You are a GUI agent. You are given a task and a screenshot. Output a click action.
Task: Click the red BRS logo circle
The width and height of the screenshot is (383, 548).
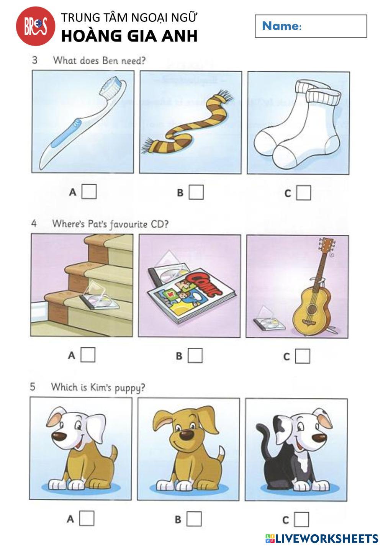[x=36, y=26]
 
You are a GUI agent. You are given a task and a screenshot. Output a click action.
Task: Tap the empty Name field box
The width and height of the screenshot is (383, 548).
[x=311, y=26]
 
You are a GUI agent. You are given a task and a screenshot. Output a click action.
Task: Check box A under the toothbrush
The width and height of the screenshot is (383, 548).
[x=89, y=191]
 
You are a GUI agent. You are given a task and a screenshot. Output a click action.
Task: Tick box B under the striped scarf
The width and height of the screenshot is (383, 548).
[x=196, y=192]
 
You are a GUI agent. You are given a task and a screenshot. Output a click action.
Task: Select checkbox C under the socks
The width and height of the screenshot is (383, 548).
[x=303, y=193]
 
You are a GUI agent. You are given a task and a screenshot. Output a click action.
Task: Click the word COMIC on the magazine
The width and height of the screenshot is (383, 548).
[x=203, y=284]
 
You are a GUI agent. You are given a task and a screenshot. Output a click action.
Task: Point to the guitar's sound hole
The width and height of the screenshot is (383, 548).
[x=311, y=309]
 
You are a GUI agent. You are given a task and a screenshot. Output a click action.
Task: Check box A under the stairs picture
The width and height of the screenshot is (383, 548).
[x=88, y=355]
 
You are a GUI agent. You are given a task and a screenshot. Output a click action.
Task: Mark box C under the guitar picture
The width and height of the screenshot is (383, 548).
[x=303, y=356]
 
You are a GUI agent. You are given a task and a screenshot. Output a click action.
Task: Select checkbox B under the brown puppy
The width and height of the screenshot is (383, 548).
[x=194, y=519]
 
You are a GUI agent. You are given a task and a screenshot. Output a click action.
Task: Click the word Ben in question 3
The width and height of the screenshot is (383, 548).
[x=110, y=61]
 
